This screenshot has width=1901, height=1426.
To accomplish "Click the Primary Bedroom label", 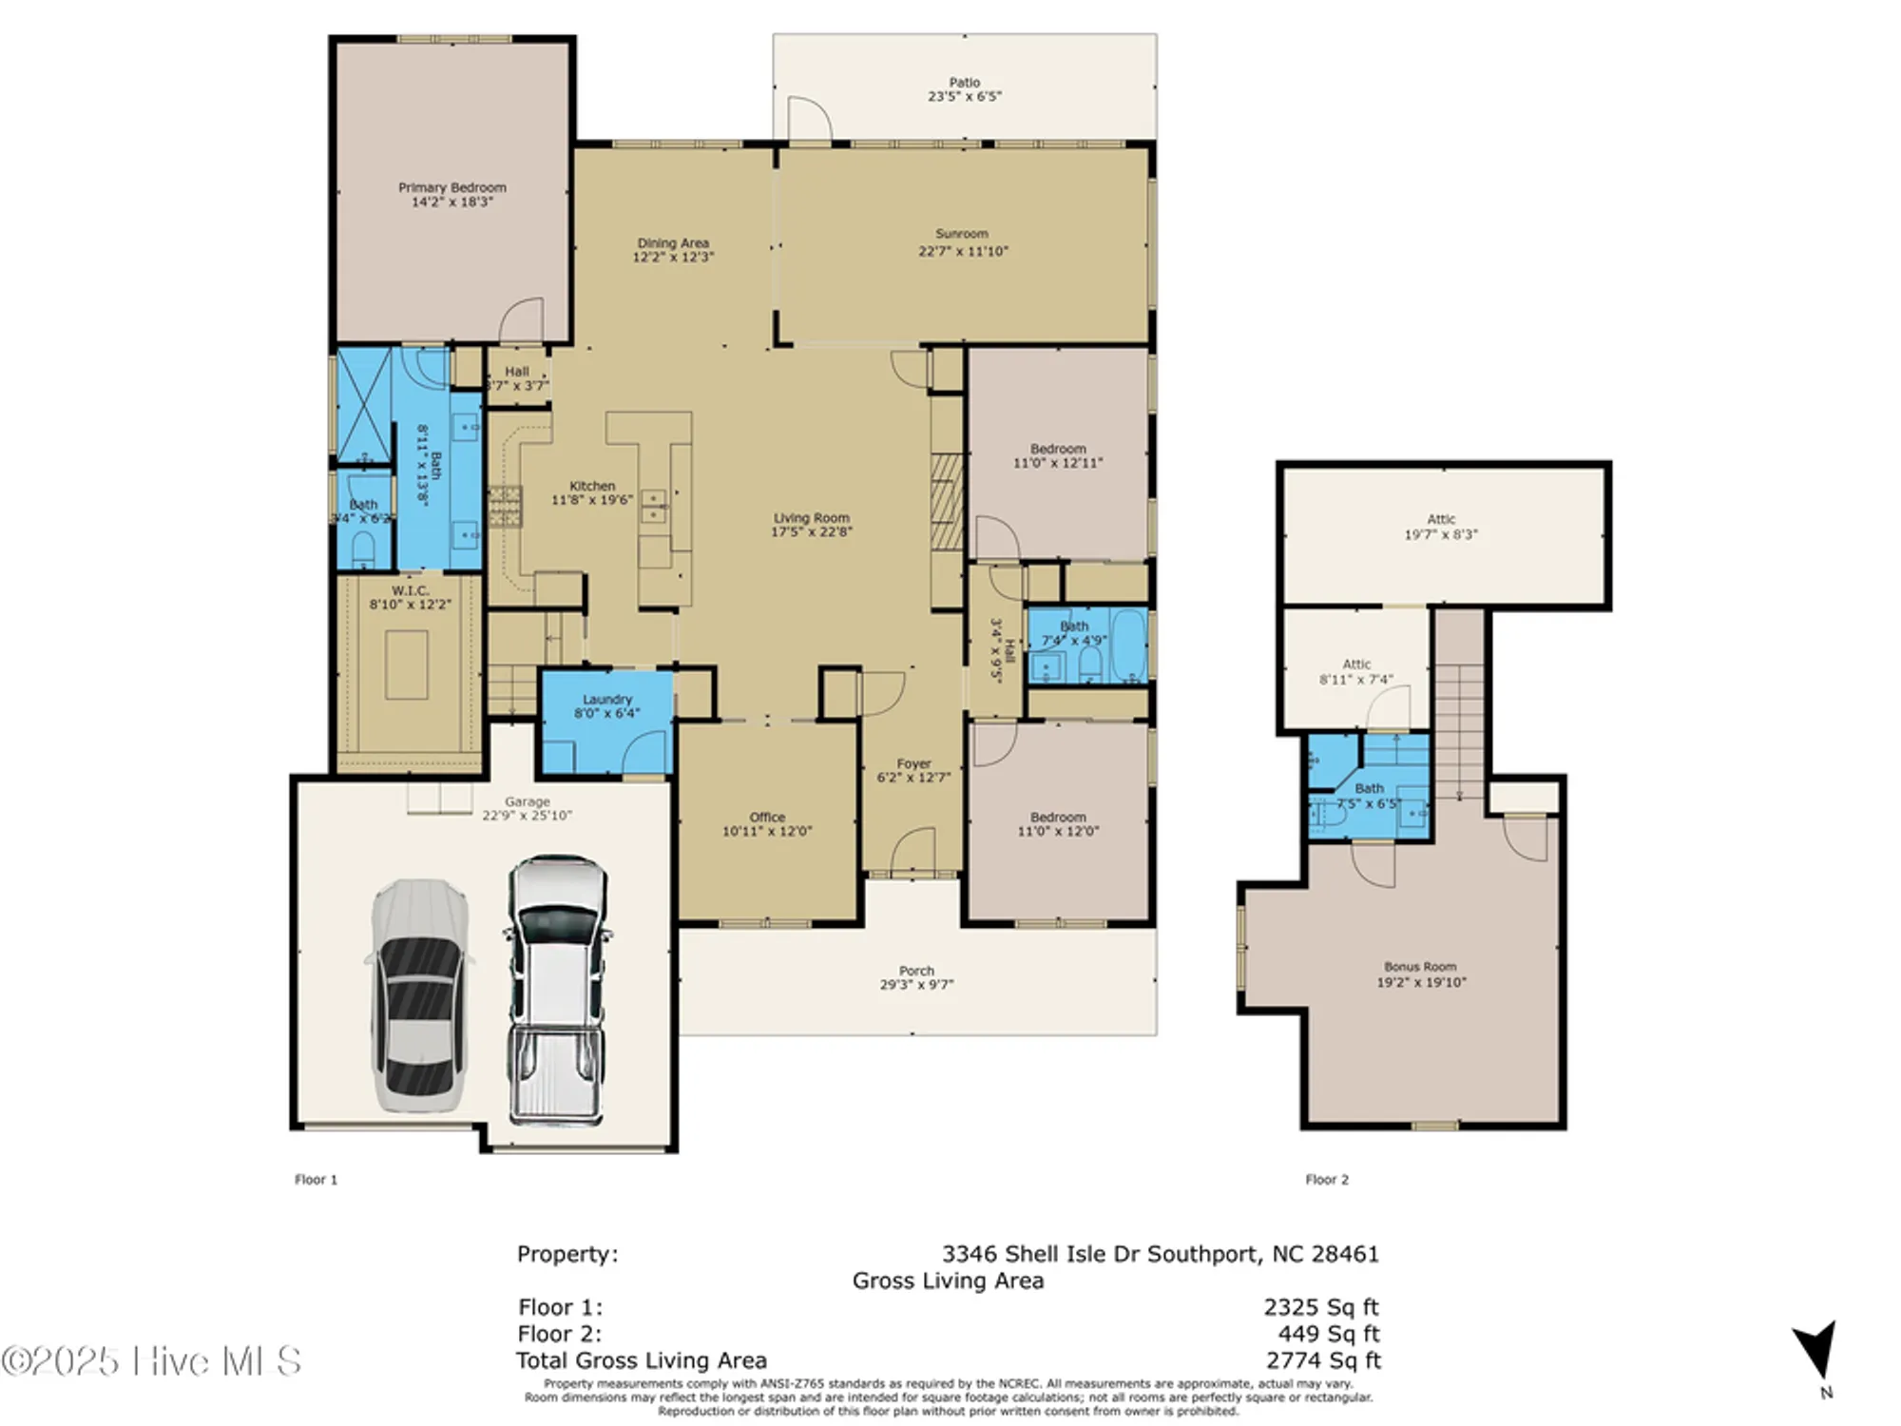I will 451,188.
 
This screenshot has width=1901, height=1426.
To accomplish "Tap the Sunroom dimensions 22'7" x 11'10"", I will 963,251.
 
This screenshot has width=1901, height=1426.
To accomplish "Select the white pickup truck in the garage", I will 557,989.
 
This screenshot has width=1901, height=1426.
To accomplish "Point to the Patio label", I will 964,83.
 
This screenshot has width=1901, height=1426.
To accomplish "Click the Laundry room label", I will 606,700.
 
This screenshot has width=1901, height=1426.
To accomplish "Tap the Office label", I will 766,818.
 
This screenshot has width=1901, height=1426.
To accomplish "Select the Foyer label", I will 913,764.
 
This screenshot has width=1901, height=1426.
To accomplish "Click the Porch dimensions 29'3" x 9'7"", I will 916,985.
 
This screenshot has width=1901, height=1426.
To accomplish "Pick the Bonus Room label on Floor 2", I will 1420,967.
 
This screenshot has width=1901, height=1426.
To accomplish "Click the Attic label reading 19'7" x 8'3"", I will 1441,534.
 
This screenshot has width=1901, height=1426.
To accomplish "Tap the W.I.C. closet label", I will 410,591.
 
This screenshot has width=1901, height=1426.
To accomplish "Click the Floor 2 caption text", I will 1326,1180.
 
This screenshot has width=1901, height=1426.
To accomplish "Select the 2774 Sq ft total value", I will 1322,1360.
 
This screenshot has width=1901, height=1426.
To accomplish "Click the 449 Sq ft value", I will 1328,1334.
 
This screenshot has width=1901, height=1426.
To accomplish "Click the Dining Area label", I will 673,243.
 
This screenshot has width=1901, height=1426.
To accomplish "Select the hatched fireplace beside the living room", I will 947,501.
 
